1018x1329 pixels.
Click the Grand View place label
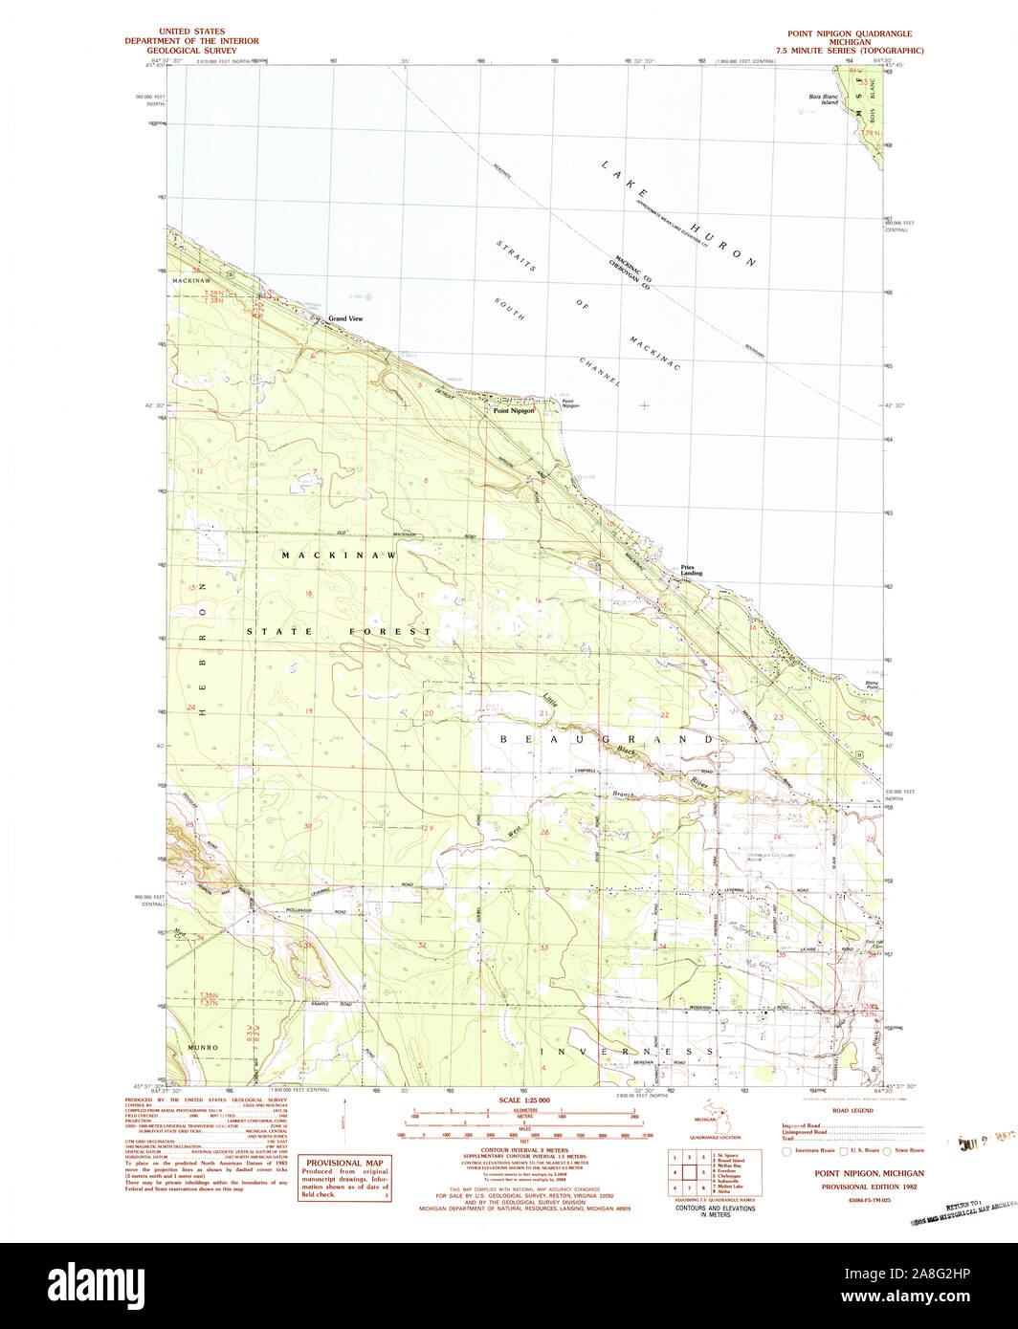point(345,318)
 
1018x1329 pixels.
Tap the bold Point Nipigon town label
point(513,410)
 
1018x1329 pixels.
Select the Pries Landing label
point(691,570)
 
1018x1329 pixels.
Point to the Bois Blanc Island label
point(824,98)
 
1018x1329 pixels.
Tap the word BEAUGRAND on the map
point(607,739)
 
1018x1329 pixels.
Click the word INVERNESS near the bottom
point(628,1051)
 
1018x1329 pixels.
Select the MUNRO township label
point(203,1048)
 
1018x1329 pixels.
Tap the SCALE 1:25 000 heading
point(525,1100)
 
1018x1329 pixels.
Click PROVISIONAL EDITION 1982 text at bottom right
point(869,1187)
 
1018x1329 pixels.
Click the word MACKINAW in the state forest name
point(339,555)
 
